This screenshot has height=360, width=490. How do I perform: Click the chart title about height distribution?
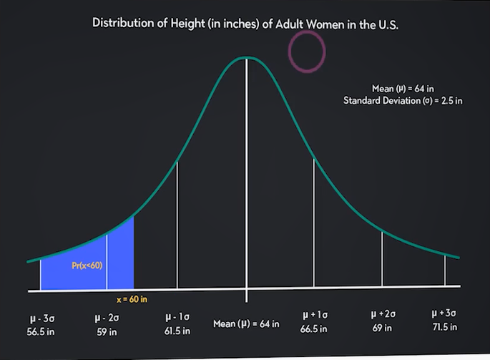coord(245,22)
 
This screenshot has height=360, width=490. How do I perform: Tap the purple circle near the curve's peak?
coord(307,52)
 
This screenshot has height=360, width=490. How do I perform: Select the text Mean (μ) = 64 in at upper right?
coord(403,88)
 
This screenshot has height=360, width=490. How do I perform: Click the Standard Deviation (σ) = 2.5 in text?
coord(403,100)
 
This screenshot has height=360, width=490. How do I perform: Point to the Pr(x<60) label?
coord(87,266)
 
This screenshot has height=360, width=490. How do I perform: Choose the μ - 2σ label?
coord(107,316)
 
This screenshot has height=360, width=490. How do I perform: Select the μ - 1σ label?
coord(177,316)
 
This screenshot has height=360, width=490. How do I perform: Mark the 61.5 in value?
coord(177,331)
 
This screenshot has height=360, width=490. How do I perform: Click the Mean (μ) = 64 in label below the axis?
coord(247,324)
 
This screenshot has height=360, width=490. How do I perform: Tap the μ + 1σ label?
coord(314,316)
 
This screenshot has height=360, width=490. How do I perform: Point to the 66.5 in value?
coord(314,330)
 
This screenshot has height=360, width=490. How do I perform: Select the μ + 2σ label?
coord(382,315)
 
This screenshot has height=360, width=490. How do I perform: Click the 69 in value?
coord(382,329)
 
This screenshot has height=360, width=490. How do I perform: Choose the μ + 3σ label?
coord(445,314)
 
